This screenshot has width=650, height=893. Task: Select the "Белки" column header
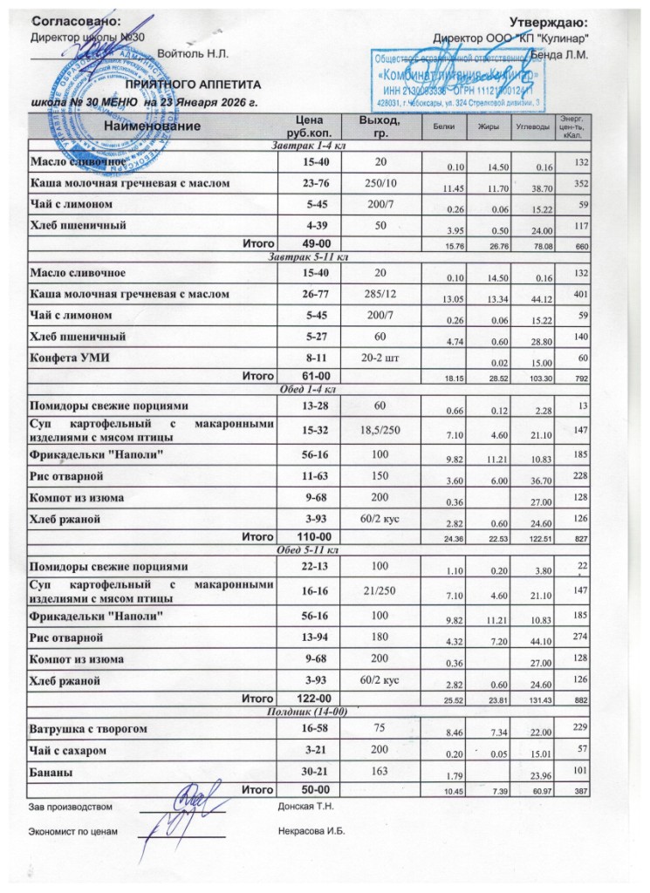coord(436,127)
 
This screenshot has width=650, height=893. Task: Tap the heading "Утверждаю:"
coord(548,21)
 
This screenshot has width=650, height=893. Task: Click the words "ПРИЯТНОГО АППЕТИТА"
coord(193,87)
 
